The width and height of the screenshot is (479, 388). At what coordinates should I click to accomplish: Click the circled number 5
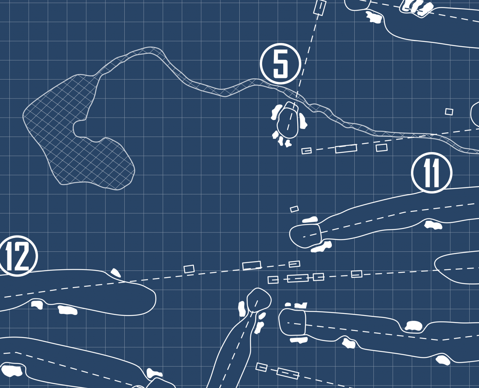[280, 64]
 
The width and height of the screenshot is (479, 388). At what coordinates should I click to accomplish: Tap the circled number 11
[432, 173]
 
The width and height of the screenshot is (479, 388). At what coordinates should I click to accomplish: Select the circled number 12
[17, 256]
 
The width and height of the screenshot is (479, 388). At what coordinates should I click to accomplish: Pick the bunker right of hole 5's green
[303, 121]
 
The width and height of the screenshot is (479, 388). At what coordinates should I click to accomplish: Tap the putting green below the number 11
[306, 235]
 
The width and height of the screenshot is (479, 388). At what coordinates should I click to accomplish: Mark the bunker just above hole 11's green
[310, 220]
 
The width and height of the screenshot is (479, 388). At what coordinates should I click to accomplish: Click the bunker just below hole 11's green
[322, 247]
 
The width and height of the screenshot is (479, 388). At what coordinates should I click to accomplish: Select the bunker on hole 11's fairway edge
[433, 225]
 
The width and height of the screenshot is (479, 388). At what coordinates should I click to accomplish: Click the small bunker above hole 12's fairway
[115, 273]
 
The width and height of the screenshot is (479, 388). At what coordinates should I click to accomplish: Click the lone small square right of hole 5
[449, 112]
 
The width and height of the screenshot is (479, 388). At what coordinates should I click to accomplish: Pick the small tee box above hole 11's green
[294, 209]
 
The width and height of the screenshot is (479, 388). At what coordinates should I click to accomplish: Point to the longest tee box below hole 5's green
[346, 149]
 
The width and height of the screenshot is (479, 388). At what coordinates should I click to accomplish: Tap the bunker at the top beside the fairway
[374, 17]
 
